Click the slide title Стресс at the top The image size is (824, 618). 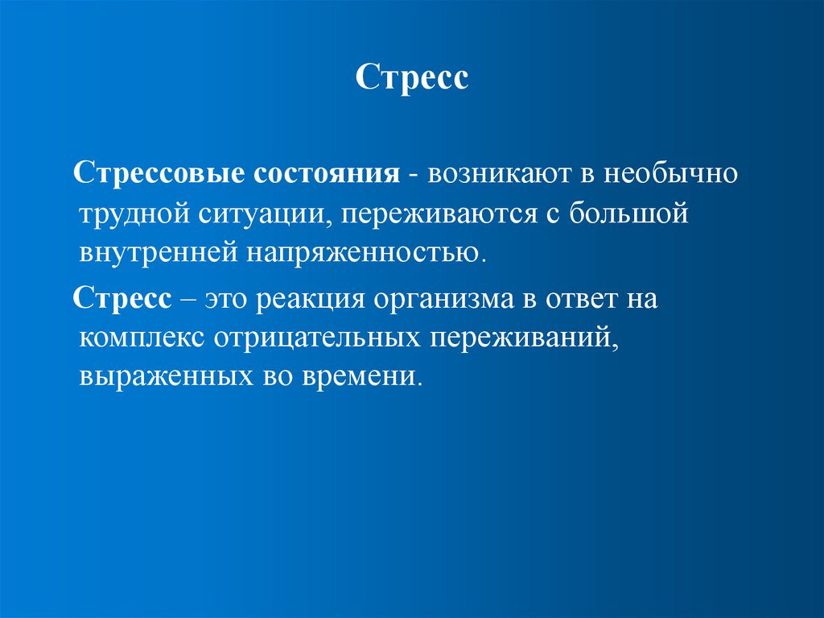[x=411, y=80]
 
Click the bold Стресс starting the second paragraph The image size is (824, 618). [x=122, y=300]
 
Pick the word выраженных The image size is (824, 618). [x=153, y=376]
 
